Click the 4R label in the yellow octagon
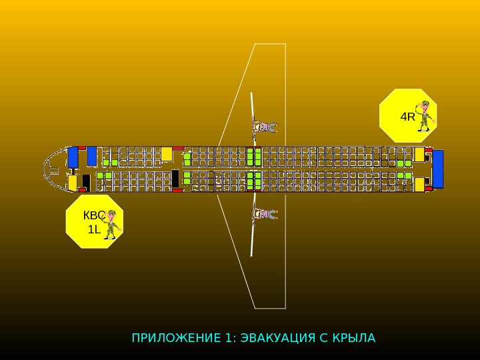point(407,117)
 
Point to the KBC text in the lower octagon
point(93,216)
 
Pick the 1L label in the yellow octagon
point(94,229)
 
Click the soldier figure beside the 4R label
point(424,115)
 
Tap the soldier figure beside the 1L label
point(111,224)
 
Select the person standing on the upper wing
point(264,126)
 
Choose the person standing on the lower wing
point(264,214)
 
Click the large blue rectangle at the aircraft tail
point(438,169)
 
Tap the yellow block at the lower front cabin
point(73,182)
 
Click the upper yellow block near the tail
point(419,155)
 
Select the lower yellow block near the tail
point(419,185)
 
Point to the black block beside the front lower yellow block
point(86,181)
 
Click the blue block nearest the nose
point(73,157)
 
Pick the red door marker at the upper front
point(82,147)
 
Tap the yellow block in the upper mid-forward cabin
point(167,154)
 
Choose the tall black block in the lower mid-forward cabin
point(175,179)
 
